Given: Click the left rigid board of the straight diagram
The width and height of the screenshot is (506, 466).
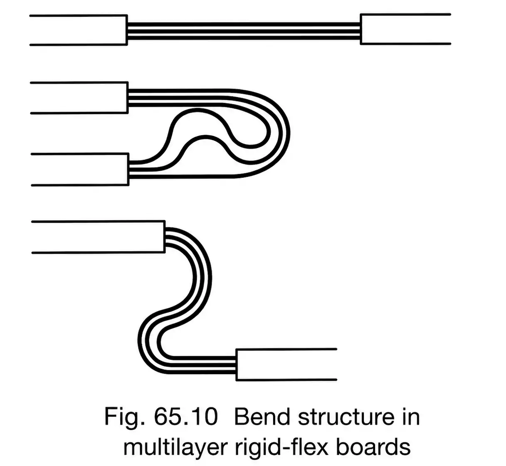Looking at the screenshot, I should pos(79,30).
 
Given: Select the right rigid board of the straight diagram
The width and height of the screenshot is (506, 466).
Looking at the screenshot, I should pos(405,29).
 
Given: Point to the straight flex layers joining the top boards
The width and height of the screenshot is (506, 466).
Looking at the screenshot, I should pos(243,31).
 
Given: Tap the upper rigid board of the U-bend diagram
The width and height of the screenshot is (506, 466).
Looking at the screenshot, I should pos(79,98).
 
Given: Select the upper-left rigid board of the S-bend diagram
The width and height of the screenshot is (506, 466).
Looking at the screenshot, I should pos(98,237).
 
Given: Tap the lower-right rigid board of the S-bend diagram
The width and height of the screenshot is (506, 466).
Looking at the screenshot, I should pos(286,365).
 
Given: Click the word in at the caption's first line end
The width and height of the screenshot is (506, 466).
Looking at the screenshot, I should pos(410,417).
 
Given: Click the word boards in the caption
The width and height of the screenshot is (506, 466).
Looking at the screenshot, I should pos(373,447).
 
